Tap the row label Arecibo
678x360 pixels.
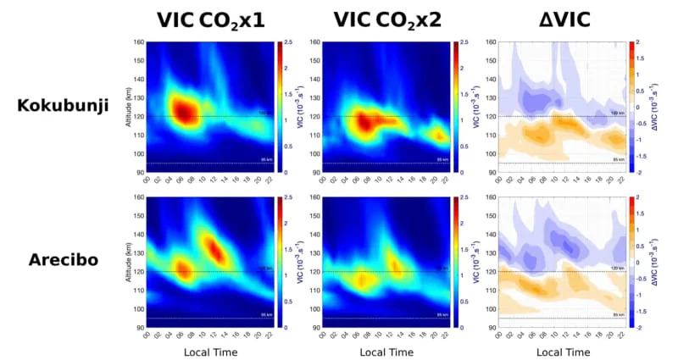69,260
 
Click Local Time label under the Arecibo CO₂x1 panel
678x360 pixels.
210,352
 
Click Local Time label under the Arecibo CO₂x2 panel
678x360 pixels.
386,352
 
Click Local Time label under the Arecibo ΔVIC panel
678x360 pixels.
564,352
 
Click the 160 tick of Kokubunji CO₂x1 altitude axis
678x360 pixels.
139,42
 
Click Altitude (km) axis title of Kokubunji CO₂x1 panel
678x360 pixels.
128,106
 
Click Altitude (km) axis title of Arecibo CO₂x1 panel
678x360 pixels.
128,262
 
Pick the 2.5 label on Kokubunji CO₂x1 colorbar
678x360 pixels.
289,42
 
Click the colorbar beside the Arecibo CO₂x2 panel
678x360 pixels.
455,262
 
